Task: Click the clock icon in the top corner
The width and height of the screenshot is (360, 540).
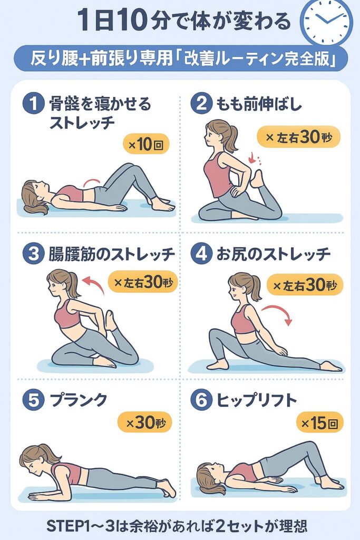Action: click(x=326, y=21)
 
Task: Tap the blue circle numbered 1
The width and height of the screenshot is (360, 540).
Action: click(x=33, y=104)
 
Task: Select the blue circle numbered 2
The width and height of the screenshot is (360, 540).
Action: click(x=201, y=104)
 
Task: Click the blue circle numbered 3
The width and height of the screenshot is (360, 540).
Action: click(x=33, y=254)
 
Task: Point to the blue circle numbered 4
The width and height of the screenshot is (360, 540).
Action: click(x=201, y=254)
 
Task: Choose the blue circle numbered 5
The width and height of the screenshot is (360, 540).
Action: click(x=33, y=400)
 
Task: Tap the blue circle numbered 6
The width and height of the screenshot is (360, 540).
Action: click(x=201, y=400)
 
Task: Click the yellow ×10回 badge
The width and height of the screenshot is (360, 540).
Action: click(x=146, y=144)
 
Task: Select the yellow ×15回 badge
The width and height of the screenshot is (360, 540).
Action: click(x=320, y=423)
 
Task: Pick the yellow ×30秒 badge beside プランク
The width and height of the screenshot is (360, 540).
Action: click(x=144, y=422)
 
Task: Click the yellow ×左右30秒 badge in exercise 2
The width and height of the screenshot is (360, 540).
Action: click(x=299, y=137)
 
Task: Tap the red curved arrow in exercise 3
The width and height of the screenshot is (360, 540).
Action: click(x=93, y=283)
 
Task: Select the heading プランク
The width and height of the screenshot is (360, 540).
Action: click(x=79, y=400)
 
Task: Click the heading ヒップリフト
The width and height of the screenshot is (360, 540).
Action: click(x=257, y=400)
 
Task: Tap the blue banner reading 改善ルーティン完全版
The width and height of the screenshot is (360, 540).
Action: click(x=181, y=58)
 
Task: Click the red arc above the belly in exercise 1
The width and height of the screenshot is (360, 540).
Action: click(x=92, y=181)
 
